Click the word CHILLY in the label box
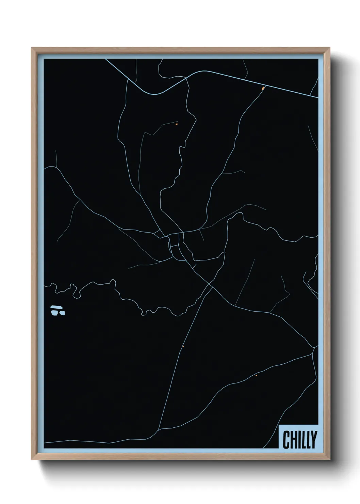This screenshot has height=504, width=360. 299,440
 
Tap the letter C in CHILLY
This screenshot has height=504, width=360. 286,440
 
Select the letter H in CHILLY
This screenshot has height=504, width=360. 293,440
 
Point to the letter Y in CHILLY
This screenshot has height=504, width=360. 313,440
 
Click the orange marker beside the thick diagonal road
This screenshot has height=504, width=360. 263,89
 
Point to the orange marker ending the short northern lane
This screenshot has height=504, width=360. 176,124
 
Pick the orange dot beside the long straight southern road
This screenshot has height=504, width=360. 183,347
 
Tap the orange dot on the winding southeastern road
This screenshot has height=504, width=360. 256,375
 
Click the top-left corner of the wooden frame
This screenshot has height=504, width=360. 32,48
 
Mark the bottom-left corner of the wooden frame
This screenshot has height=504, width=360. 32,460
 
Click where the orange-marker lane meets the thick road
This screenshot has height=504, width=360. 265,86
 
